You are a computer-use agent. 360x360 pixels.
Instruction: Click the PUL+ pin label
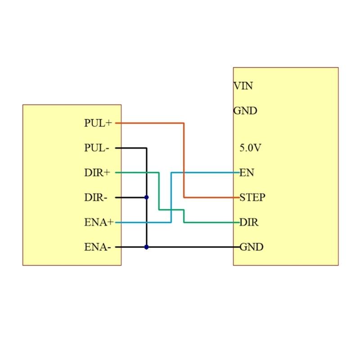point(98,123)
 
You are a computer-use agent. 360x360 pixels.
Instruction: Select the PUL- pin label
point(96,148)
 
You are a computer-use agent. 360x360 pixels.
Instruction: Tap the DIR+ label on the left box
point(97,172)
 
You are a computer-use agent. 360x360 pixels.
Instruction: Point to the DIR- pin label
point(95,197)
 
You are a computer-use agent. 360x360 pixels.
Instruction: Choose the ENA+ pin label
point(99,222)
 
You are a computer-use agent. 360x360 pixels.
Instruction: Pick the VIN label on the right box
point(243,85)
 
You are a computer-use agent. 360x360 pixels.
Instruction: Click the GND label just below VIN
point(245,111)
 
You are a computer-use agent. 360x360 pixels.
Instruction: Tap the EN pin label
point(247,172)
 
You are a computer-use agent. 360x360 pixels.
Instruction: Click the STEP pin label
point(252,197)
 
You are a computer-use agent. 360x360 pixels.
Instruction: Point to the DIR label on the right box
point(249,222)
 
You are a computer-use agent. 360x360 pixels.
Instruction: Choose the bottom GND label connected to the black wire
point(251,247)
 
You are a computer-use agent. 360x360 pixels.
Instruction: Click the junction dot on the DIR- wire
point(146,197)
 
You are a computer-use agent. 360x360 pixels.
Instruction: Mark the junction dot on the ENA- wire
point(146,247)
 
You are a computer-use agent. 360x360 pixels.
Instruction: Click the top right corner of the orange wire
point(184,123)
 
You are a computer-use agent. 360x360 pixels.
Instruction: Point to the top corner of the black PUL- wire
point(146,148)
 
